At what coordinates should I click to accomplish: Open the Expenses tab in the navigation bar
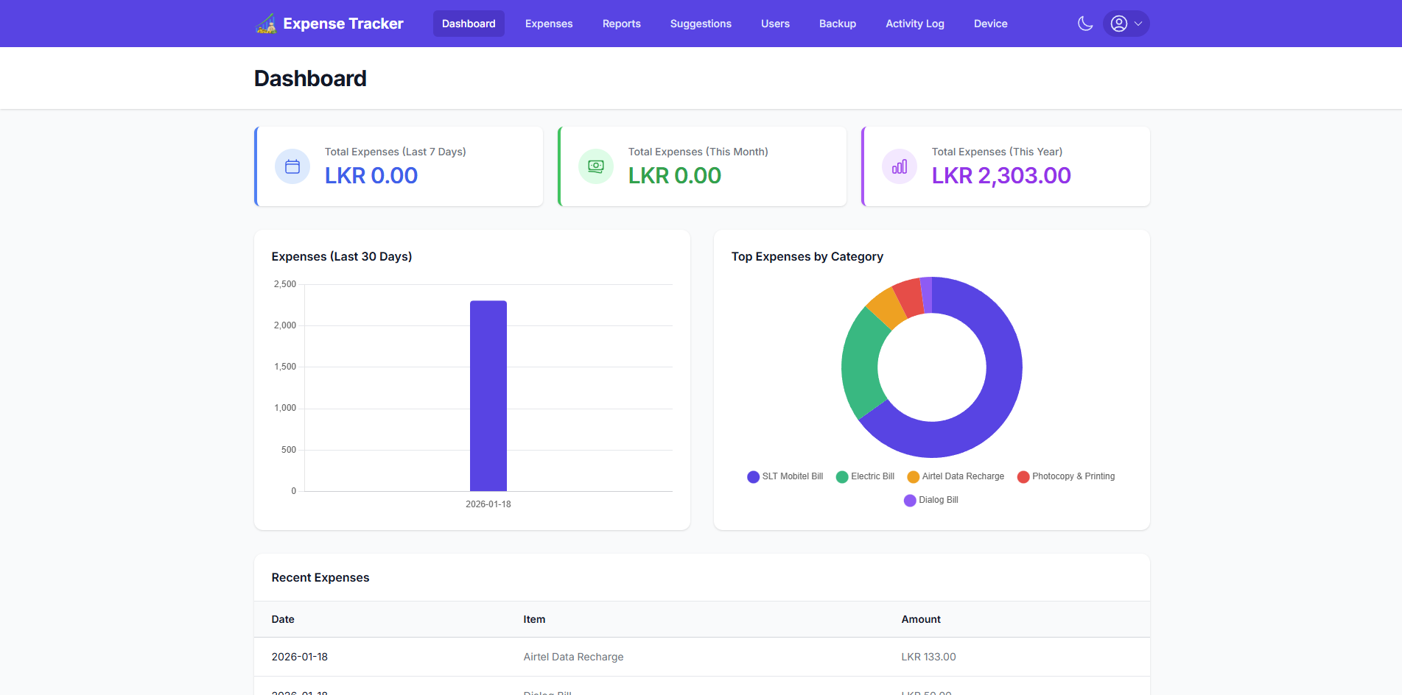[548, 24]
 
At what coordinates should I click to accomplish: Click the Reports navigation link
[621, 24]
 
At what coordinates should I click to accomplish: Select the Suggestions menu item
[700, 24]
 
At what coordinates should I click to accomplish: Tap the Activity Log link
[914, 24]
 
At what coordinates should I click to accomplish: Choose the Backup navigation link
[837, 24]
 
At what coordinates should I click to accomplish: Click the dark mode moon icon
[1084, 24]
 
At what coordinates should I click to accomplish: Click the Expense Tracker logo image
[266, 24]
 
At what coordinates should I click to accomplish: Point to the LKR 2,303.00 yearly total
[1000, 176]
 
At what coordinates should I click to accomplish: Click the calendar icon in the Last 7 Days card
[292, 166]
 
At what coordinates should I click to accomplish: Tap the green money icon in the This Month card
[596, 166]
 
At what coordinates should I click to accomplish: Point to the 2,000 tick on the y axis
[285, 325]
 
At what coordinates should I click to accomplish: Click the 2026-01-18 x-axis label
[488, 504]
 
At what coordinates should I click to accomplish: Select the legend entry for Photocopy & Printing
[1066, 476]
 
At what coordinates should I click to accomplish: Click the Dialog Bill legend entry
[931, 500]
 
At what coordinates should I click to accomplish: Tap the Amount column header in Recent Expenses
[920, 619]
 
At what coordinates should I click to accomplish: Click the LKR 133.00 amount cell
[928, 657]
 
